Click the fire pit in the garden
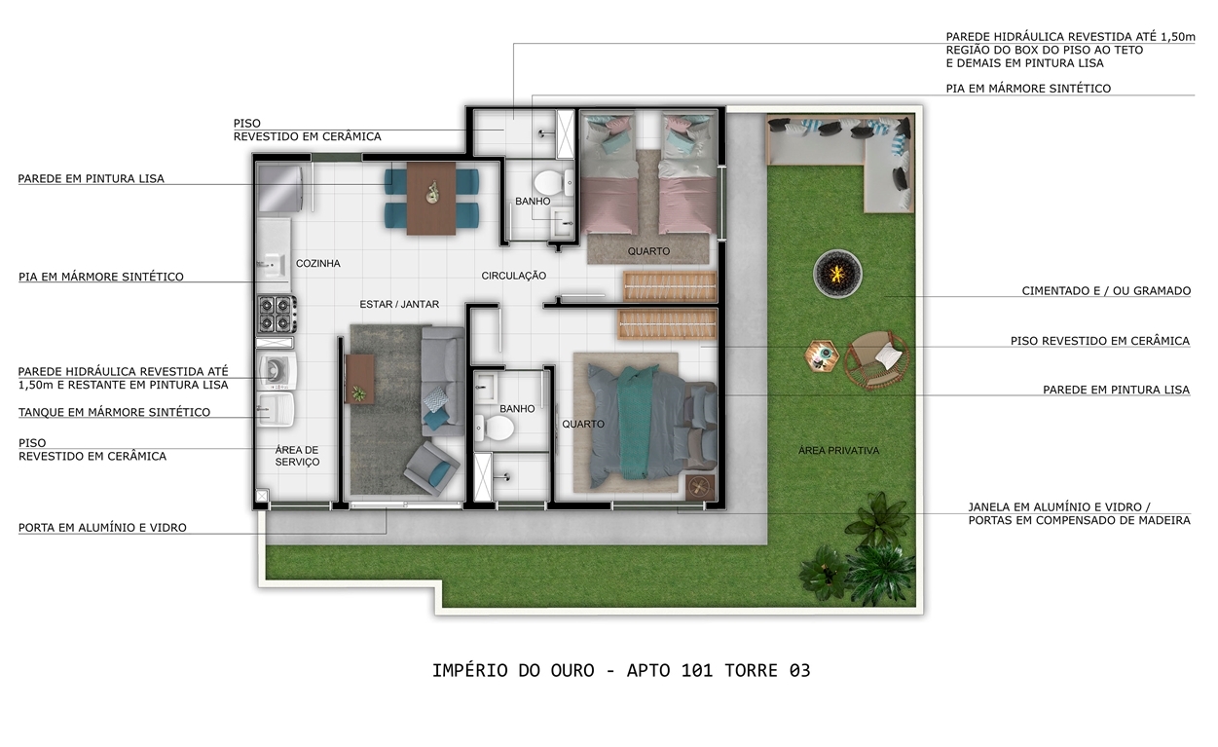[837, 274]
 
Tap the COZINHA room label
[318, 263]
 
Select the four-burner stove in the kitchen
[277, 315]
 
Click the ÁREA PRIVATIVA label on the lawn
[838, 451]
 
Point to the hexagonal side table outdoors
[822, 356]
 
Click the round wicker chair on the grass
[876, 360]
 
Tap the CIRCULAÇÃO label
[513, 276]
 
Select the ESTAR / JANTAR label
[399, 304]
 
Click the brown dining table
[431, 198]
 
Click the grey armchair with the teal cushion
[432, 467]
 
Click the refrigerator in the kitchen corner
[279, 188]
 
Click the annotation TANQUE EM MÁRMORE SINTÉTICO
[114, 412]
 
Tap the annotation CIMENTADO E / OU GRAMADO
[1106, 291]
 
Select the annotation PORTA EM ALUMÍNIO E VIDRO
[102, 528]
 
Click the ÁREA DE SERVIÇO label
[297, 456]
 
